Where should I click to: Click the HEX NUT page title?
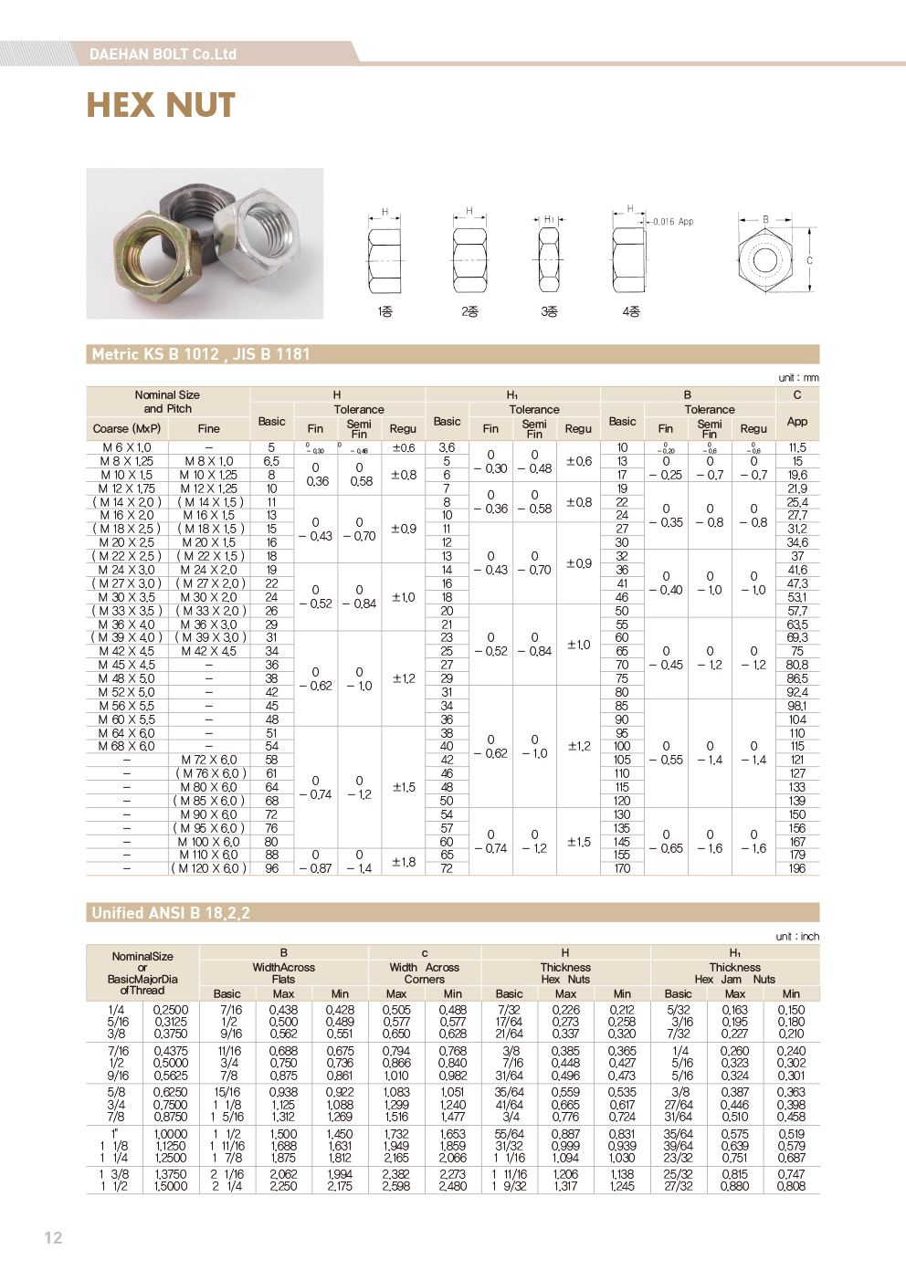pos(161,106)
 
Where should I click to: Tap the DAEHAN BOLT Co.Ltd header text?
pos(163,54)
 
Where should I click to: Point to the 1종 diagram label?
pos(385,311)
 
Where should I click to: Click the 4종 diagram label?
pos(631,311)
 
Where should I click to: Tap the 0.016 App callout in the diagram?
pos(673,222)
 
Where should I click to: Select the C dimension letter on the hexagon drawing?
pos(809,260)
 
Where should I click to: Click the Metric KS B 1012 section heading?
pos(201,354)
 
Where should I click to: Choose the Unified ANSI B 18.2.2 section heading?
pos(171,913)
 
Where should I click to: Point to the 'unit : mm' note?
pos(798,377)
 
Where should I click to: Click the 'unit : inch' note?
pos(797,936)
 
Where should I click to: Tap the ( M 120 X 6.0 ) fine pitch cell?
pos(209,868)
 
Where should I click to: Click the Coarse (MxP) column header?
pos(127,428)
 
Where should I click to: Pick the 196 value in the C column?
pos(797,868)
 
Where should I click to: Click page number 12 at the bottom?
pos(53,1237)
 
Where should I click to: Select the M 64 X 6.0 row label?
pos(127,733)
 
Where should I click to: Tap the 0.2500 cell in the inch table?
pos(171,1010)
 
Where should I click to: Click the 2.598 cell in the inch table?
pos(396,1186)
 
